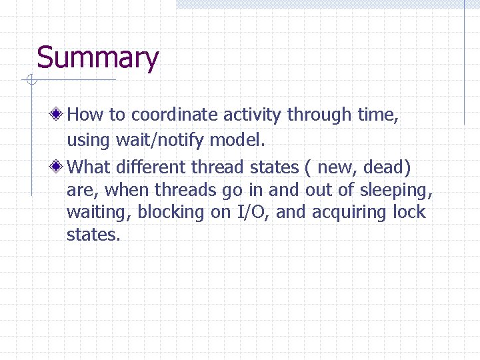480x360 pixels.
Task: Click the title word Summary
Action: pos(97,58)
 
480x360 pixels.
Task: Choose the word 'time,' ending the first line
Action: pos(378,115)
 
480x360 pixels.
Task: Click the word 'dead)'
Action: pos(387,165)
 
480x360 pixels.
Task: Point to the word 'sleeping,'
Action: pos(396,191)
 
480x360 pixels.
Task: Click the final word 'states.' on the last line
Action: pos(93,235)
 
